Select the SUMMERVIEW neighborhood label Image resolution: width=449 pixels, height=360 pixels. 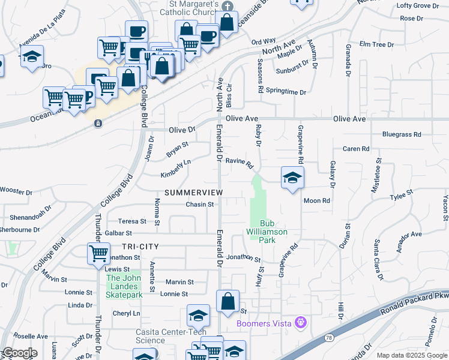[x=193, y=193]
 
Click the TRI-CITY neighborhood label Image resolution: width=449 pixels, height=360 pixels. [x=140, y=247]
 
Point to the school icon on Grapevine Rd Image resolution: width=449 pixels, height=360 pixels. [x=292, y=178]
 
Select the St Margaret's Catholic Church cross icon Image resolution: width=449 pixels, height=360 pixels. [x=227, y=7]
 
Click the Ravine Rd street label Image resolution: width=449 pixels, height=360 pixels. [x=240, y=162]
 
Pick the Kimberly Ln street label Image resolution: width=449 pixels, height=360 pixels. [x=175, y=169]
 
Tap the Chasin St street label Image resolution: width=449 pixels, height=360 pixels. [x=199, y=205]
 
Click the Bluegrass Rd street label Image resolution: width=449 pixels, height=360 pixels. [x=402, y=135]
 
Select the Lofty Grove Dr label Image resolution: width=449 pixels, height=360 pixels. [x=418, y=6]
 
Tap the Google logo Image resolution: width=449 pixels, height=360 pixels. [x=20, y=352]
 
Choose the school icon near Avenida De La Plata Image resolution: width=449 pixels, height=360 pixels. [x=32, y=57]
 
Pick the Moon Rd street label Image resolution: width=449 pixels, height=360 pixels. [x=317, y=201]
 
